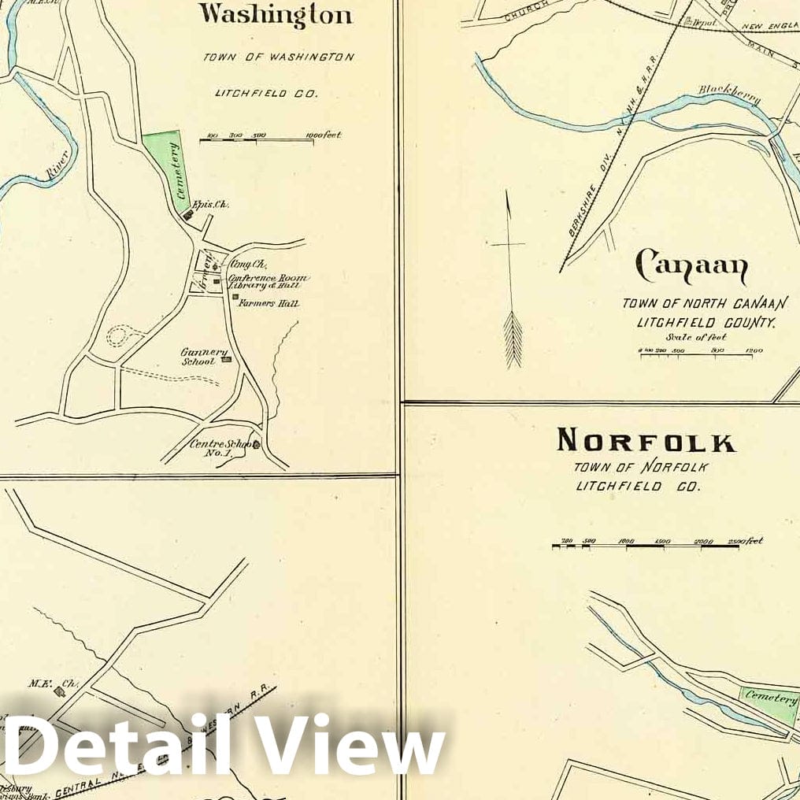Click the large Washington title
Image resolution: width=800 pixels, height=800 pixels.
[x=275, y=15]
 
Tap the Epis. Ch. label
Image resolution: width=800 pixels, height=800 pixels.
[x=213, y=204]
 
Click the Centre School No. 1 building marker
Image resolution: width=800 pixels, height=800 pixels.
[x=256, y=445]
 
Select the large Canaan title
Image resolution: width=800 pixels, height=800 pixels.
[x=691, y=269]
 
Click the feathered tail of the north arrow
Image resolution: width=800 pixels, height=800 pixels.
[x=513, y=339]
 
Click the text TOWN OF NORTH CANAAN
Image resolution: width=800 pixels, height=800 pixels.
[x=698, y=303]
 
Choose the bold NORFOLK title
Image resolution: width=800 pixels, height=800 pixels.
[x=646, y=441]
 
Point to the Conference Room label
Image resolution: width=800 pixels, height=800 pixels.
[x=267, y=278]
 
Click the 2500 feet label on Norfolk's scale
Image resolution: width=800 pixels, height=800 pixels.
[x=745, y=541]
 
